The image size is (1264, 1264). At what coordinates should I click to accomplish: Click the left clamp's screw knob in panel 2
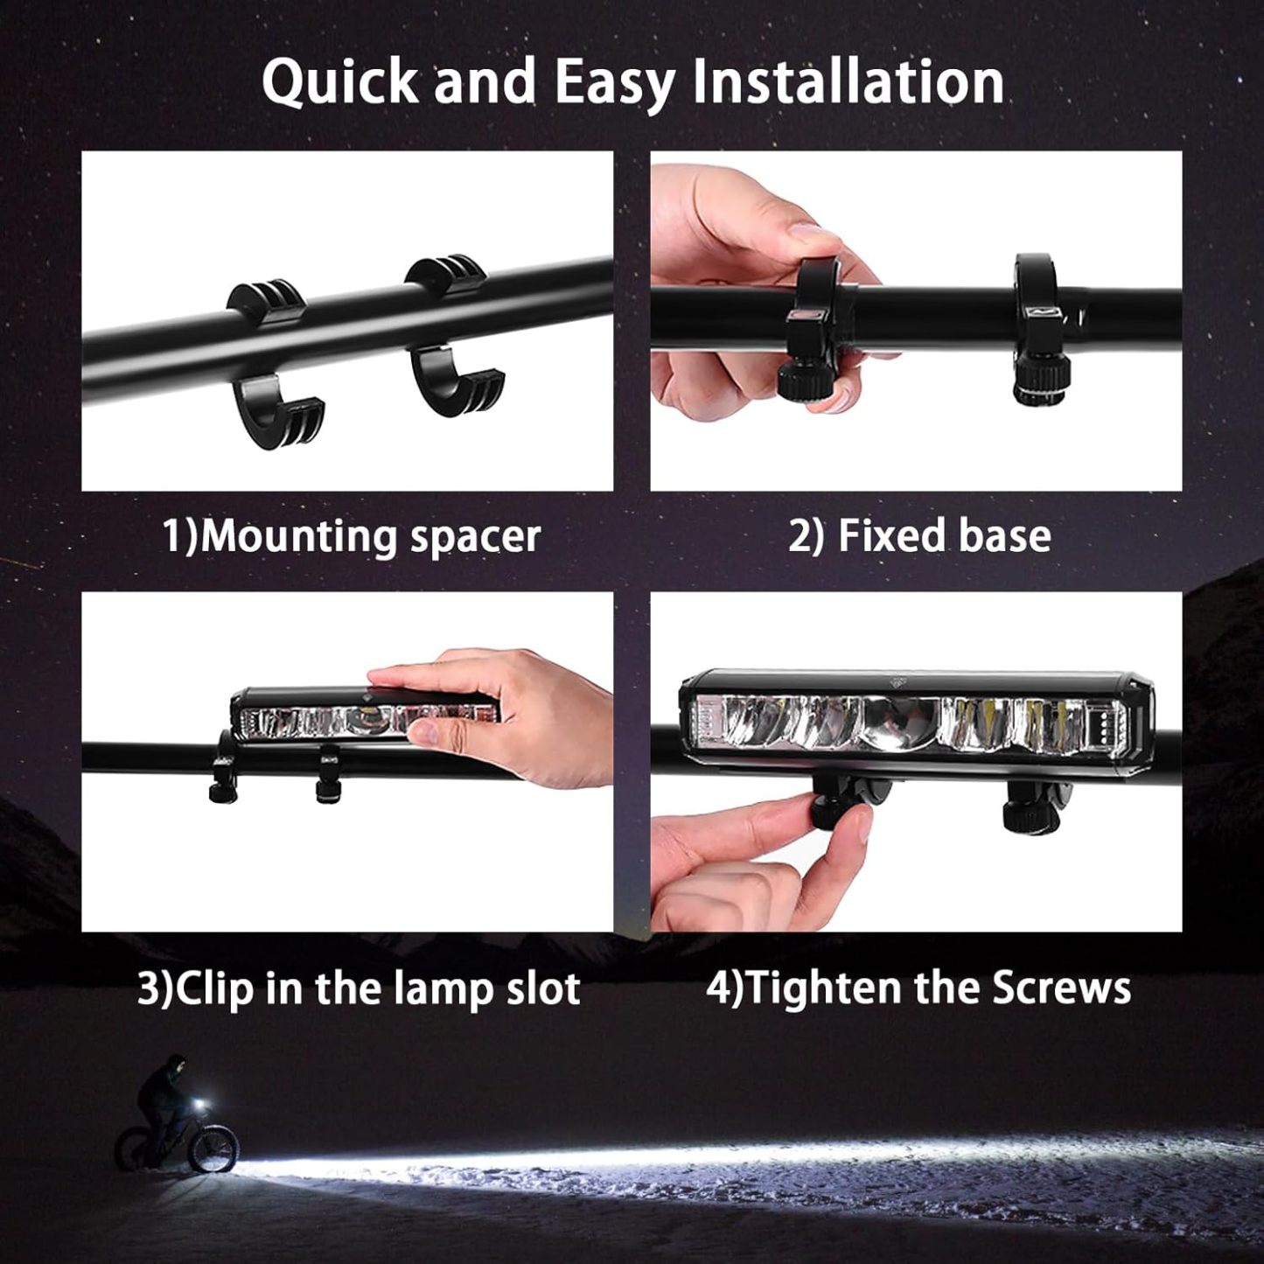point(801,379)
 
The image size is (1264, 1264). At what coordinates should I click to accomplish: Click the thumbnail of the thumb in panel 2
point(809,234)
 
